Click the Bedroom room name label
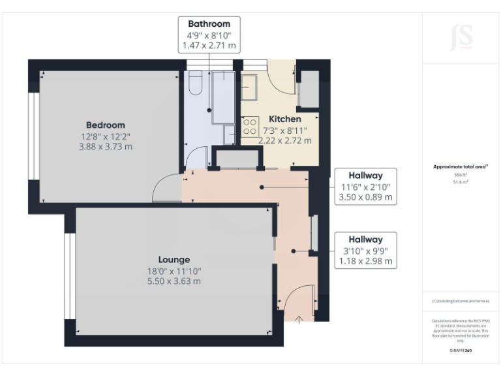[105, 125]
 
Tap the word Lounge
[173, 259]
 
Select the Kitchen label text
[285, 119]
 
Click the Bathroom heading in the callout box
[209, 24]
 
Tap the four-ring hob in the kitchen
[250, 125]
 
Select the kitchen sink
[250, 86]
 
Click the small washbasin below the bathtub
[229, 134]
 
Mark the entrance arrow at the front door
[299, 319]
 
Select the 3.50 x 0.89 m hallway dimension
[365, 198]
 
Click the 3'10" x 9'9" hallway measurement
[365, 251]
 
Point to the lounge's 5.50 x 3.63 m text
[173, 281]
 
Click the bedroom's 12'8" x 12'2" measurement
[105, 136]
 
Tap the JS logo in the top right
[461, 39]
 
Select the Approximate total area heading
[461, 166]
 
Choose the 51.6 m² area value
[461, 182]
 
